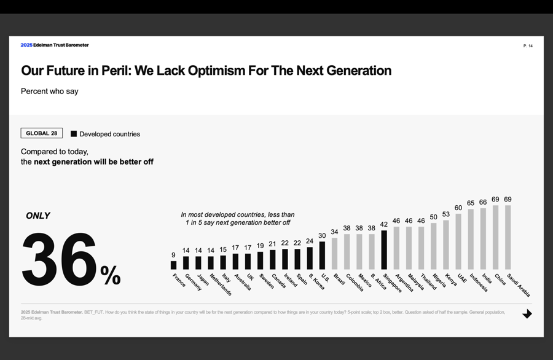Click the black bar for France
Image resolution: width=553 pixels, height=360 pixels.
coord(173,265)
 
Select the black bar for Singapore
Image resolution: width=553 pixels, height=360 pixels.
coord(384,250)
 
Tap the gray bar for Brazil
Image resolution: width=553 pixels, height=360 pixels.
coord(334,254)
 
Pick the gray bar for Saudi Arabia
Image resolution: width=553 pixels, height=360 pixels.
coord(508,237)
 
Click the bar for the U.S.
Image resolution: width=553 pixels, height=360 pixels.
coord(322,256)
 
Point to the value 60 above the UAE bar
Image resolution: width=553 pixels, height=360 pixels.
coord(458,208)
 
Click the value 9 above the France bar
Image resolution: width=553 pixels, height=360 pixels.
coord(173,255)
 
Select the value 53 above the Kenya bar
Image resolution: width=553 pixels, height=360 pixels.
coord(446,214)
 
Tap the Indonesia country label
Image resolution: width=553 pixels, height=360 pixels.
coord(479,283)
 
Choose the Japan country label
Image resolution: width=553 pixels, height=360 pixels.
coord(203,280)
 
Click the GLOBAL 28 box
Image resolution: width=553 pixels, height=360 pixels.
coord(42,133)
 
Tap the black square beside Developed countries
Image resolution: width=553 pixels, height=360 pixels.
coord(74,134)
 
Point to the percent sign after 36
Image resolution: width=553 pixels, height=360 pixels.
coord(111,276)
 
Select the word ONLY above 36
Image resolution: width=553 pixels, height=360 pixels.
coord(38,216)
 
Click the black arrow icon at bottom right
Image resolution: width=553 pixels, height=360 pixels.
coord(527,314)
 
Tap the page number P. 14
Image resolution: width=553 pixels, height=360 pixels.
coord(528,46)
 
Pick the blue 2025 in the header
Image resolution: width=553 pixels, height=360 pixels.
coord(26,45)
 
